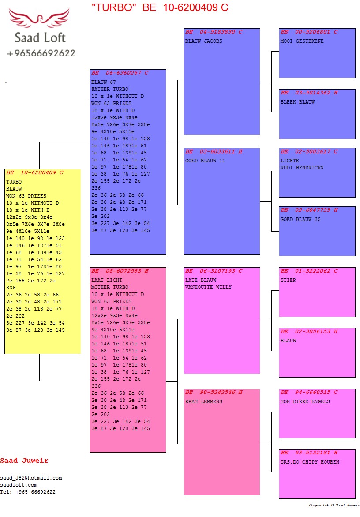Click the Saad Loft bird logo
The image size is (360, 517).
(x=40, y=19)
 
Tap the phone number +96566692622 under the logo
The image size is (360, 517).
(x=41, y=53)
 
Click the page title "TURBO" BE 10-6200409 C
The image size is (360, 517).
(x=160, y=7)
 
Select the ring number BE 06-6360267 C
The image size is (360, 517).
(x=120, y=73)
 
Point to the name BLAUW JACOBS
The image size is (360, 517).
(x=204, y=41)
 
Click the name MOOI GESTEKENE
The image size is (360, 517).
(x=302, y=41)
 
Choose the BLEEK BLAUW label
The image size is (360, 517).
(x=298, y=102)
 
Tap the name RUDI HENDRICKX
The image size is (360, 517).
(x=302, y=168)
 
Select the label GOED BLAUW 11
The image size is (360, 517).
(x=205, y=161)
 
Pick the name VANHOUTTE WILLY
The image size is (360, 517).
(x=208, y=288)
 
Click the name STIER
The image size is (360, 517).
(x=289, y=281)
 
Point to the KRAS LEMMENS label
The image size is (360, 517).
(x=204, y=402)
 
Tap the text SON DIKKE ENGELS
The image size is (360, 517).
(x=305, y=402)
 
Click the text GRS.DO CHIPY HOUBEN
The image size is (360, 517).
(x=310, y=462)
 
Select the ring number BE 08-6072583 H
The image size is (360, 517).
(x=120, y=271)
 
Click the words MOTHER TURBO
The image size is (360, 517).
(x=110, y=288)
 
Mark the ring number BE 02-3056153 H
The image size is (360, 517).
(x=309, y=331)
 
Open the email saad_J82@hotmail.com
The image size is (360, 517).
(x=31, y=478)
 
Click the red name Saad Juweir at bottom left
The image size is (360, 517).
(x=24, y=461)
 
